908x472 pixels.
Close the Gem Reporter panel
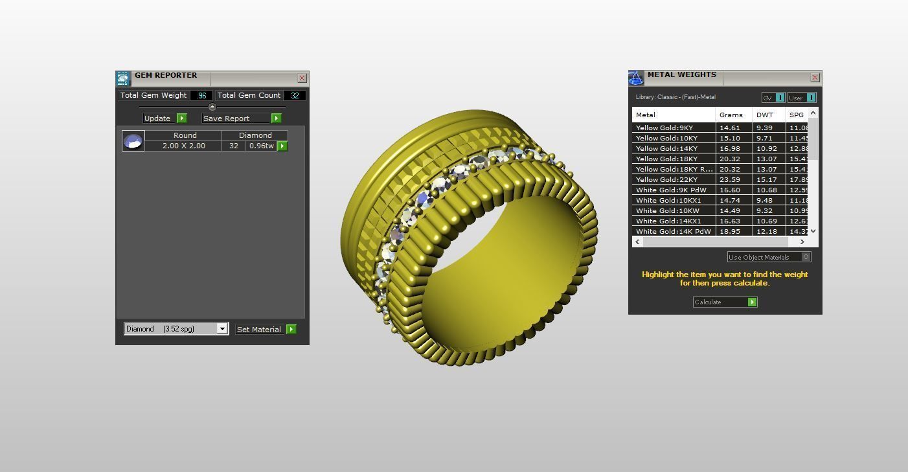302,78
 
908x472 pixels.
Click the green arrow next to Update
182,118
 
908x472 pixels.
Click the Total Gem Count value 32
295,95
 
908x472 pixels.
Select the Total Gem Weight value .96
201,95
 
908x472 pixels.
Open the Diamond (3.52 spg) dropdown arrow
221,329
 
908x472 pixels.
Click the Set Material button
259,330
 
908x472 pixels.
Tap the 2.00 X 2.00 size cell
184,146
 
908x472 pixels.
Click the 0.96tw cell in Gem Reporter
261,146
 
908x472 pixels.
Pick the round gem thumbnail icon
133,140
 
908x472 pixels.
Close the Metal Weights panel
815,77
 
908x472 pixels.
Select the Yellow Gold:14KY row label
666,148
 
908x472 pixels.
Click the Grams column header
731,115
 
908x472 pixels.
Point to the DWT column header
765,115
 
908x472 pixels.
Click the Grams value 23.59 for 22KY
730,179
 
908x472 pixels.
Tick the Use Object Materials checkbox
806,257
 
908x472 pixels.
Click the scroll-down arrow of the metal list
813,231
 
